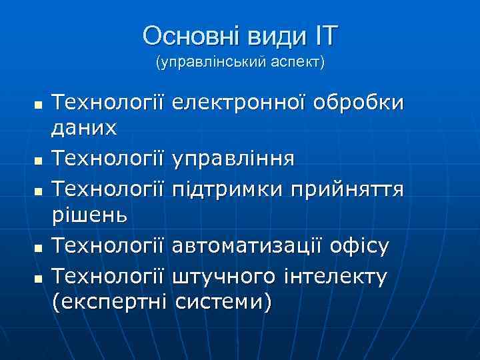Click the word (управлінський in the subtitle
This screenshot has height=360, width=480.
(205, 63)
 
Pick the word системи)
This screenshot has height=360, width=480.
(223, 303)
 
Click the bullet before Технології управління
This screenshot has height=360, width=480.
(39, 161)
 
